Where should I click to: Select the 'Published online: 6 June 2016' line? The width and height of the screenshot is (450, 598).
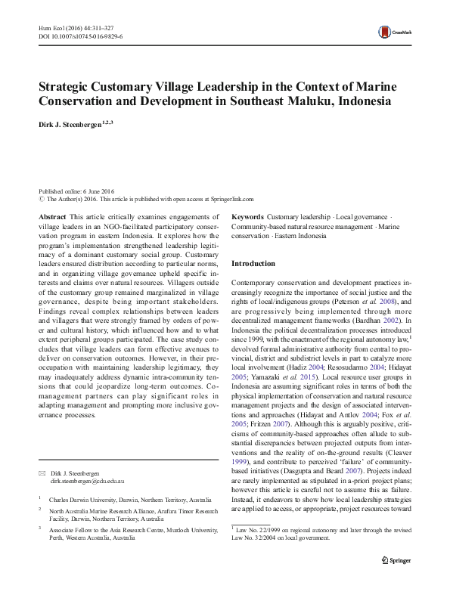point(77,193)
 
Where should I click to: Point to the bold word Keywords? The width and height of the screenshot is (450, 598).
point(247,216)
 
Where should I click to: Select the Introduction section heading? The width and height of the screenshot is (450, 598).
point(253,264)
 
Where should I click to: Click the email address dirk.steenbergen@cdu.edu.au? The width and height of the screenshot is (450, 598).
point(88,481)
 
